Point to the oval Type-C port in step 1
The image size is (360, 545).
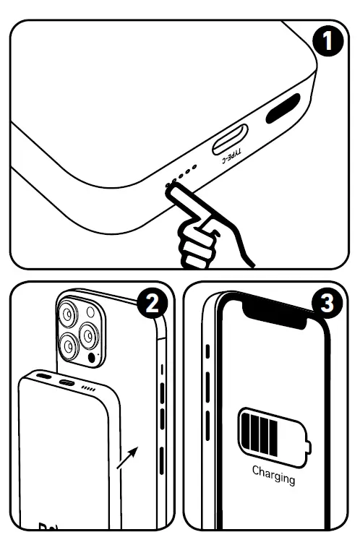click(x=229, y=139)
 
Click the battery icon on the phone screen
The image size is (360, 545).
click(x=273, y=434)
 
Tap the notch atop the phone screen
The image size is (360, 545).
click(x=277, y=312)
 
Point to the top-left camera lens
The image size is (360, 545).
click(x=69, y=314)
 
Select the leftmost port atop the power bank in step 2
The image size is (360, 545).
click(x=45, y=377)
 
